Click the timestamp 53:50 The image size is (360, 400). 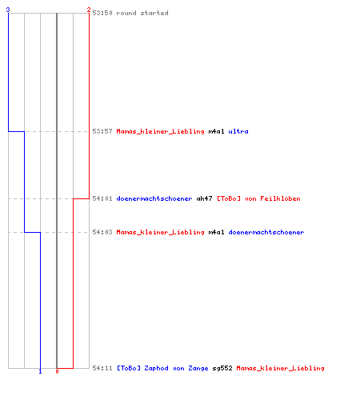pyautogui.click(x=102, y=13)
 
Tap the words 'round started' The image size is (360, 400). pyautogui.click(x=142, y=13)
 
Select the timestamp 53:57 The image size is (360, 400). pyautogui.click(x=102, y=131)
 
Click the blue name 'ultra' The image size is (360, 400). pyautogui.click(x=238, y=131)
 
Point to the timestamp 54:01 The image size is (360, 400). pyautogui.click(x=102, y=198)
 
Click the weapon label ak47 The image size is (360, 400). pyautogui.click(x=204, y=198)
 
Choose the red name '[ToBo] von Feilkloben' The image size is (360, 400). pyautogui.click(x=258, y=198)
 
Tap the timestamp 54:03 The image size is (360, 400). pyautogui.click(x=102, y=232)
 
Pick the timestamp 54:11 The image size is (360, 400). pyautogui.click(x=102, y=368)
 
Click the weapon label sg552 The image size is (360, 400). pyautogui.click(x=222, y=368)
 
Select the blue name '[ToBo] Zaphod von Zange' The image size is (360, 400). pyautogui.click(x=162, y=368)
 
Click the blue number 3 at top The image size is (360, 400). pyautogui.click(x=8, y=10)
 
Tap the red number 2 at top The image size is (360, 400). pyautogui.click(x=89, y=10)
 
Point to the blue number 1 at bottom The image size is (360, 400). pyautogui.click(x=40, y=371)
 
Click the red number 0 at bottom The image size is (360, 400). pyautogui.click(x=57, y=371)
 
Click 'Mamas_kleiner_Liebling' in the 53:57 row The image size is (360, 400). pyautogui.click(x=161, y=131)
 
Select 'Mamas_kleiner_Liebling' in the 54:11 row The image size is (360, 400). pyautogui.click(x=281, y=368)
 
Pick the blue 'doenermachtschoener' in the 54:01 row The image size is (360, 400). pyautogui.click(x=154, y=198)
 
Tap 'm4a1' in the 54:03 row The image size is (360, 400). pyautogui.click(x=216, y=232)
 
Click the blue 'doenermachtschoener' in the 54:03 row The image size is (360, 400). pyautogui.click(x=266, y=232)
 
